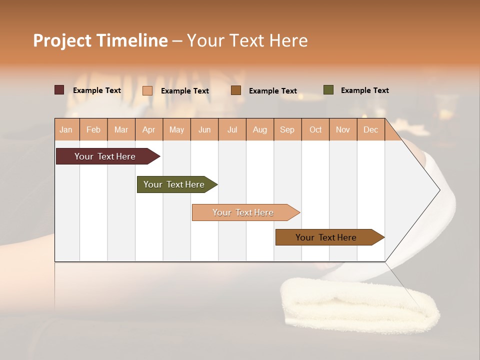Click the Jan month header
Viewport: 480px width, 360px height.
(x=66, y=129)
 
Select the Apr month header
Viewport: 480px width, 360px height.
(x=149, y=129)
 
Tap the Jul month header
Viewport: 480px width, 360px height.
(x=232, y=129)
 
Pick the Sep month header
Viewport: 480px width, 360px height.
(x=287, y=129)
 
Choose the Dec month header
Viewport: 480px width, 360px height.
(x=370, y=129)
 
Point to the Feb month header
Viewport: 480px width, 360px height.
(x=93, y=129)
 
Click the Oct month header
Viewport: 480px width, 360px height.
(x=315, y=129)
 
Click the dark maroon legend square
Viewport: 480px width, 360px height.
(x=59, y=90)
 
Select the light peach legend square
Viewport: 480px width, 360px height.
(x=147, y=90)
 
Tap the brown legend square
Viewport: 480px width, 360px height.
(x=236, y=90)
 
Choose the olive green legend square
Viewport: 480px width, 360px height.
(x=328, y=90)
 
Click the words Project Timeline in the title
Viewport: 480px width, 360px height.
(x=100, y=40)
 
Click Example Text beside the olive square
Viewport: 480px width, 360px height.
(x=364, y=90)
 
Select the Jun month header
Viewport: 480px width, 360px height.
(x=204, y=129)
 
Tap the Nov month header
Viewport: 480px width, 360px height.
(x=343, y=129)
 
